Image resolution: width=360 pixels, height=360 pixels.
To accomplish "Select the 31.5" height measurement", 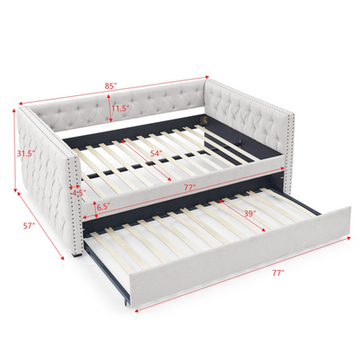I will tap(28, 153).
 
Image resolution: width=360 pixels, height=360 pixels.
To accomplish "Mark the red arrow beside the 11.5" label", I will tap(109, 108).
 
